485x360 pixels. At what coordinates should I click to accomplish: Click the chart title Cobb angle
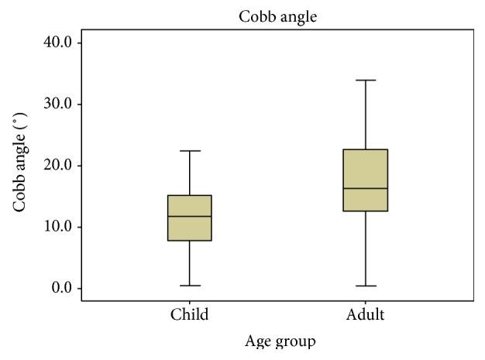pos(278,15)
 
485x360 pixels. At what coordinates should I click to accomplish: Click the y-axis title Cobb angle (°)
pos(20,164)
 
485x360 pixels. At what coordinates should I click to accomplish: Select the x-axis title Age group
pos(280,341)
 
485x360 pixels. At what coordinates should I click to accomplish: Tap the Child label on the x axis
pos(190,314)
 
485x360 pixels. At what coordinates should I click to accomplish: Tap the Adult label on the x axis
pos(366,314)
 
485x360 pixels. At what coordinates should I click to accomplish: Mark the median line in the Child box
pos(190,216)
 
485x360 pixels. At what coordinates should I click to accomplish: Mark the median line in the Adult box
pos(366,188)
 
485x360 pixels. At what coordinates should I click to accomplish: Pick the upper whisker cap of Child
pos(190,151)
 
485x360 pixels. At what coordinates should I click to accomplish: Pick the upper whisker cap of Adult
pos(366,80)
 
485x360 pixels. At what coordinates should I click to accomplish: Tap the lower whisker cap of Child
pos(190,286)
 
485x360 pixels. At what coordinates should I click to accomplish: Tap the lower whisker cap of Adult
pos(366,286)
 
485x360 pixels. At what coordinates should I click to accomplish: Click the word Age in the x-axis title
pos(257,341)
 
